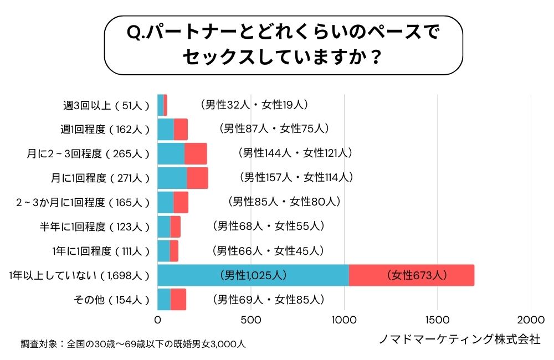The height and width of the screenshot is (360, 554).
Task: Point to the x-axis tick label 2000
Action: pos(531,320)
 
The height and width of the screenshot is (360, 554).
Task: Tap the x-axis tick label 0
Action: pos(158,320)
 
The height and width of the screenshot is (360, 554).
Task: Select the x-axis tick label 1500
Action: pos(438,320)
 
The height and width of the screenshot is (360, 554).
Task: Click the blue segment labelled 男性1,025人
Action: pos(253,275)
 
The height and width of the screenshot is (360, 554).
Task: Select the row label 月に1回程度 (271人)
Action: pos(100,178)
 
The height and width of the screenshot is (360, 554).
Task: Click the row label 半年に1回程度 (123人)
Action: pos(95,227)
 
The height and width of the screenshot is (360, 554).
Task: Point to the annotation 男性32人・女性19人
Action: pos(254,104)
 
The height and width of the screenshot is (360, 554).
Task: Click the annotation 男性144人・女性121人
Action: pos(294,152)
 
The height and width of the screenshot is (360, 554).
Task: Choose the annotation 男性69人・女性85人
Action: pos(268,300)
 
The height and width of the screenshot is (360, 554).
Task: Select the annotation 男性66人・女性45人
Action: pos(268,251)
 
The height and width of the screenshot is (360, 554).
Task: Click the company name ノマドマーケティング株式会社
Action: pos(459,340)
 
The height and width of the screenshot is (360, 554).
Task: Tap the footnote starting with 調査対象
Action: pos(133,344)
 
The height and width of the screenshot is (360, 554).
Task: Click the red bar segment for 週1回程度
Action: pos(181,129)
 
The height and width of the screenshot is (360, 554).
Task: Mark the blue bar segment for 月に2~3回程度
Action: pos(171,153)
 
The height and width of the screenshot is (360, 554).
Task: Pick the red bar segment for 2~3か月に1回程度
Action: pos(181,202)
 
